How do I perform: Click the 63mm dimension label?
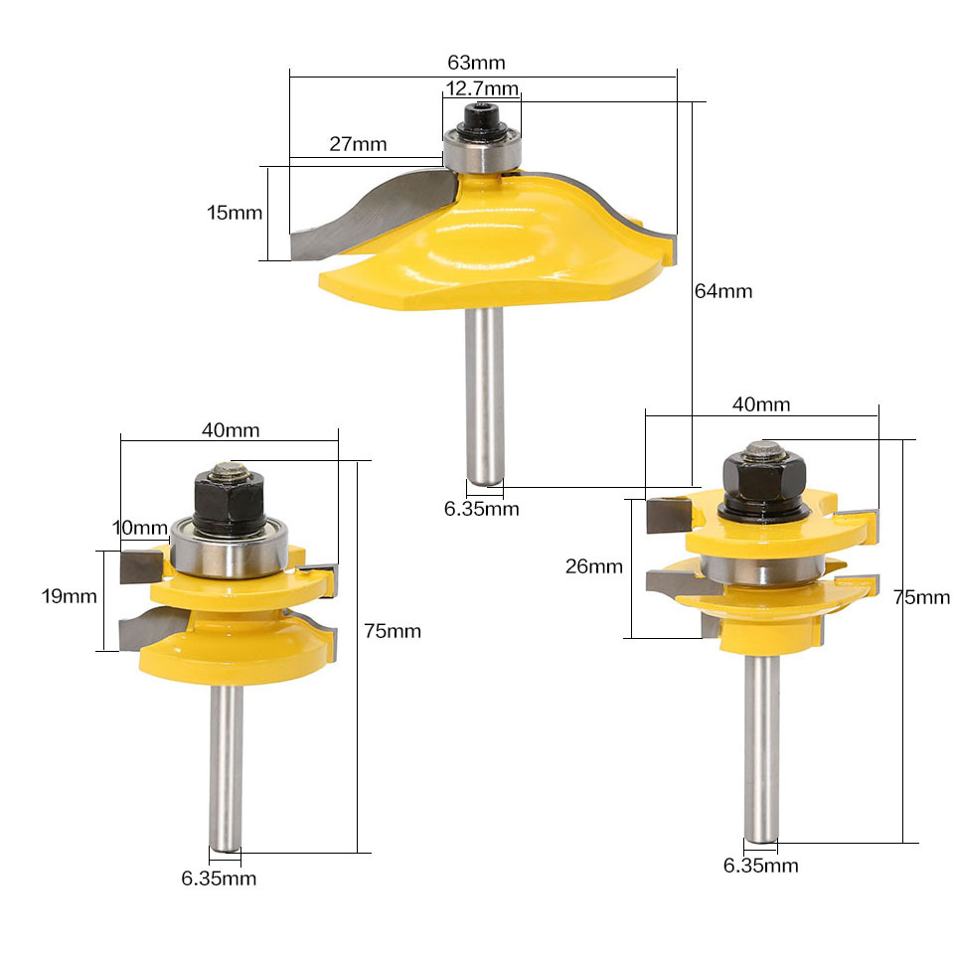click(x=476, y=63)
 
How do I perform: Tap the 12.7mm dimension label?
click(x=482, y=88)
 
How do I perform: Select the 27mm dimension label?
click(x=358, y=144)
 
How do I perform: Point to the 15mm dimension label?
click(x=235, y=213)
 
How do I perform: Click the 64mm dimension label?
click(x=723, y=291)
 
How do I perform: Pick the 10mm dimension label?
click(x=140, y=528)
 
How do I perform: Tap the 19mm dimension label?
click(x=69, y=596)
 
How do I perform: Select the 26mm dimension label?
click(x=594, y=567)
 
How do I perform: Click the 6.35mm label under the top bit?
click(x=481, y=509)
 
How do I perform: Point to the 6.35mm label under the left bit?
click(x=219, y=878)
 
